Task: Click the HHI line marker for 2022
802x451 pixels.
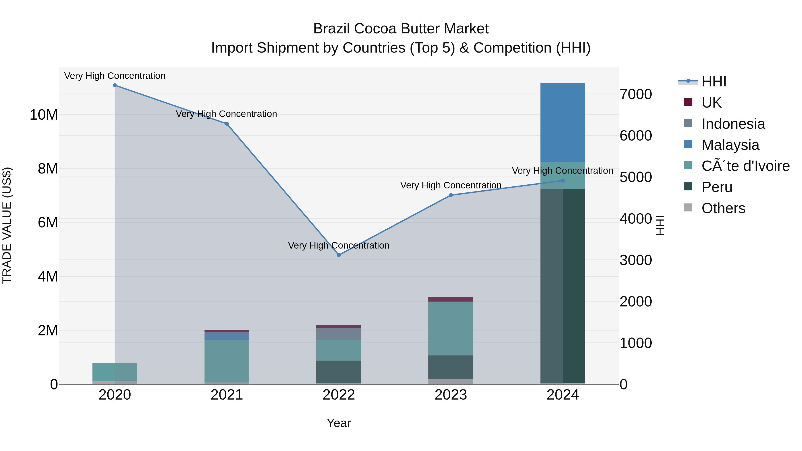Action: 339,255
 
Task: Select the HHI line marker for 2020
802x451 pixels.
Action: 115,85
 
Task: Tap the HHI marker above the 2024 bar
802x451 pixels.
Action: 563,181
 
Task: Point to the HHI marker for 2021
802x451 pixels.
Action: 227,124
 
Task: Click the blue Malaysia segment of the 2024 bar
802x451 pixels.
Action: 563,123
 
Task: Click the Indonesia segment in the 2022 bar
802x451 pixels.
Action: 339,334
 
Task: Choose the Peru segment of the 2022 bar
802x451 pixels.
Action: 339,372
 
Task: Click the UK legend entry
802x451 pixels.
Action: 711,103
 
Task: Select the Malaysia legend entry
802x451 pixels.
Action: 730,145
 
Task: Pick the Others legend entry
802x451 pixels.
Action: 723,208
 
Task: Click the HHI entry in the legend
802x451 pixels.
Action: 714,82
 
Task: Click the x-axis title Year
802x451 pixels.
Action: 339,423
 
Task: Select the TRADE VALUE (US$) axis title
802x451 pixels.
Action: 7,225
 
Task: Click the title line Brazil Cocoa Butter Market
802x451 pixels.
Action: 401,29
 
